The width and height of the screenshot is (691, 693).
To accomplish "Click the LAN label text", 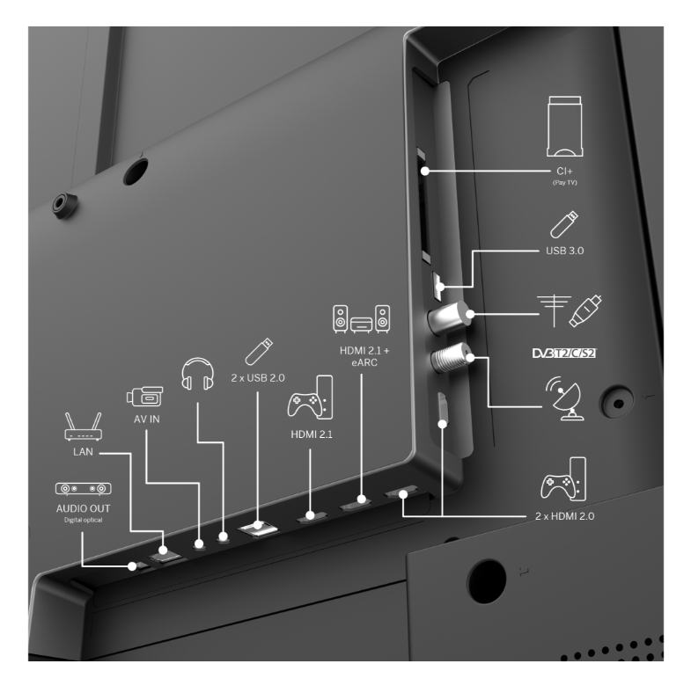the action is pyautogui.click(x=83, y=452).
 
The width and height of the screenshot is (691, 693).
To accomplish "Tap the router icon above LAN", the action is pyautogui.click(x=83, y=427).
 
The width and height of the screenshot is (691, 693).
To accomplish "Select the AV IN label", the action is pyautogui.click(x=147, y=419).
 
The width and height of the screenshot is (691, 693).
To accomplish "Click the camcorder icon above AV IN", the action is pyautogui.click(x=144, y=397).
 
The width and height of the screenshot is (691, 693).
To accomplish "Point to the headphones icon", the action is pyautogui.click(x=198, y=374).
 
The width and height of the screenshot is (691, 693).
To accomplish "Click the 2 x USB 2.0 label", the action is pyautogui.click(x=258, y=378).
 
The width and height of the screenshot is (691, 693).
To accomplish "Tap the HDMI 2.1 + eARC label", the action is pyautogui.click(x=364, y=356).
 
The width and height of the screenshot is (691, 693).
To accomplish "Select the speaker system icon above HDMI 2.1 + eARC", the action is pyautogui.click(x=362, y=318).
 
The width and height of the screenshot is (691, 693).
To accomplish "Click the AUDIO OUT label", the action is pyautogui.click(x=83, y=508).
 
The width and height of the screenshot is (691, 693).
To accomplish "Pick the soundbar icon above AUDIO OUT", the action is pyautogui.click(x=83, y=488).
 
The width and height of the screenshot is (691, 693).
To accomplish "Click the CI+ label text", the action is pyautogui.click(x=564, y=171).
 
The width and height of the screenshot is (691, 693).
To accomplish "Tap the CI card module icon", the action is pyautogui.click(x=565, y=127).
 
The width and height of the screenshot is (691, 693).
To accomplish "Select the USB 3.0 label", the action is pyautogui.click(x=565, y=251).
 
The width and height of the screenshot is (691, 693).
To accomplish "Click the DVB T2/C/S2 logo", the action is pyautogui.click(x=564, y=354).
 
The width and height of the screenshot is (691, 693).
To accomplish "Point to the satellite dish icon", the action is pyautogui.click(x=564, y=398).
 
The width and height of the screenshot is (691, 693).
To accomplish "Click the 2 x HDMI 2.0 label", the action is pyautogui.click(x=565, y=516).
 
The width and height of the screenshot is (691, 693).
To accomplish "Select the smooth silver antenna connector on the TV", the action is pyautogui.click(x=448, y=317).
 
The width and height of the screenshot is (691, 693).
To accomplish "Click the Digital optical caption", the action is pyautogui.click(x=83, y=521).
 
